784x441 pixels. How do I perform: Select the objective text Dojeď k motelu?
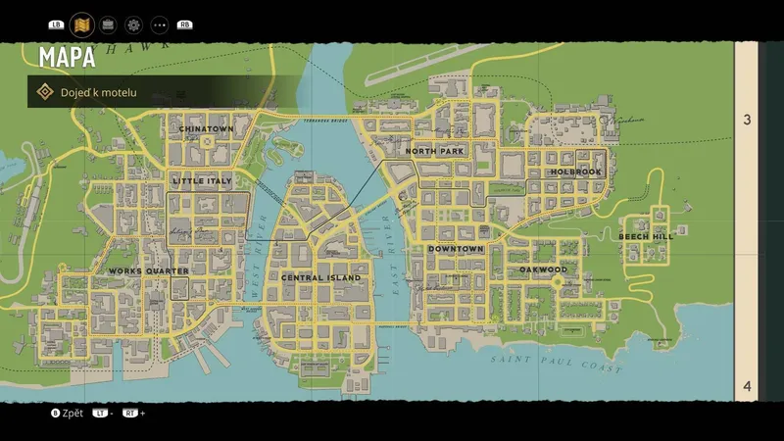click(98, 92)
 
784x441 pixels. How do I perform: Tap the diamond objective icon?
click(44, 92)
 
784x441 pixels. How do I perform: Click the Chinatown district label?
click(206, 129)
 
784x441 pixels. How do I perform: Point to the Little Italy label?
click(203, 181)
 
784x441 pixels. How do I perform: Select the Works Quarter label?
click(148, 271)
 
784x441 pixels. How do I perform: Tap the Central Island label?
click(320, 277)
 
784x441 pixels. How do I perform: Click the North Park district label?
click(434, 152)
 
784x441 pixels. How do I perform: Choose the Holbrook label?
click(575, 171)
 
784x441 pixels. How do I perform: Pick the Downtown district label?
click(456, 249)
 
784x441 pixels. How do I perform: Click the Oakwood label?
click(543, 269)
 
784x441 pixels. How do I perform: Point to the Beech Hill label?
click(646, 236)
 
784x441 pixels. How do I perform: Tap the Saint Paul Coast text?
click(557, 365)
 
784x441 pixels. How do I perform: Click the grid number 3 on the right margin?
click(747, 121)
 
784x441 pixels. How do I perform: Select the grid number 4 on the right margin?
click(747, 386)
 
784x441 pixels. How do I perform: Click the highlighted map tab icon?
click(82, 24)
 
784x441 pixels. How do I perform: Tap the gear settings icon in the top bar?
click(133, 24)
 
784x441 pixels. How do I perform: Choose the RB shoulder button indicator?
click(184, 24)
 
